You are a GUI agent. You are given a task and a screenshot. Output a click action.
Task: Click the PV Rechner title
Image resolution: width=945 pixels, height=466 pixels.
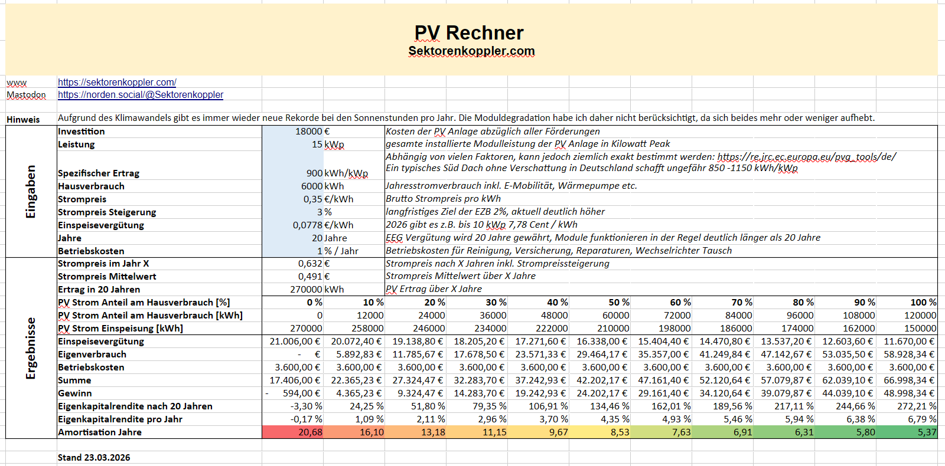[469, 33]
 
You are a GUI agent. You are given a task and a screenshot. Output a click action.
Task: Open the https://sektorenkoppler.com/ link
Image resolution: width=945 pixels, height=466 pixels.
[117, 83]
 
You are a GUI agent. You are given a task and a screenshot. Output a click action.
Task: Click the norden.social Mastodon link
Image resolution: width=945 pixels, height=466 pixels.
[141, 95]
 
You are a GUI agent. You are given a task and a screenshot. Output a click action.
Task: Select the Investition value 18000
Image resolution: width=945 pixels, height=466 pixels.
[309, 132]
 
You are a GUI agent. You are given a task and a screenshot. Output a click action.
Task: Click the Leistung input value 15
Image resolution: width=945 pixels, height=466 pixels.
[317, 145]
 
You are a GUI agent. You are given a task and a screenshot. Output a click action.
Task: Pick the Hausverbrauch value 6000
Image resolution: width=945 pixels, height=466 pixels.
[312, 186]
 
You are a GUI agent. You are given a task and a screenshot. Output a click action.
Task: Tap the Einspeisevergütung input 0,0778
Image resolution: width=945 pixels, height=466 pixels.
[308, 225]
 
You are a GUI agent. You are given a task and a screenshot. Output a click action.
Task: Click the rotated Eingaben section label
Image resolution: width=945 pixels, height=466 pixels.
[31, 191]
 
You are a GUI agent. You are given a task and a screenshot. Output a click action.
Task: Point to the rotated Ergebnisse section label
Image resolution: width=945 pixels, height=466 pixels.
[31, 348]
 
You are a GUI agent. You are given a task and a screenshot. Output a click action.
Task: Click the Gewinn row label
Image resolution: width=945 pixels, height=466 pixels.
[75, 393]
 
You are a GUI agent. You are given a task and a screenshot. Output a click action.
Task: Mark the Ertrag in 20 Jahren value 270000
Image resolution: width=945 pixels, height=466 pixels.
[306, 290]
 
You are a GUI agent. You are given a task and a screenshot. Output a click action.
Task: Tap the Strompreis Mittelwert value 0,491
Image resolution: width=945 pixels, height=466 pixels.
[310, 277]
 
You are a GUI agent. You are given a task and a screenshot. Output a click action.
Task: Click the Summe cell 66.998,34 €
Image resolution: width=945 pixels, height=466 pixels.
[908, 380]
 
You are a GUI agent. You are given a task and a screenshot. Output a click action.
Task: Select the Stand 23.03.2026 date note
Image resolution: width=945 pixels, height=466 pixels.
[94, 458]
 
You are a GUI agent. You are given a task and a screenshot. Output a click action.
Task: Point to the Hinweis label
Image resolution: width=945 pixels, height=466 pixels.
[23, 120]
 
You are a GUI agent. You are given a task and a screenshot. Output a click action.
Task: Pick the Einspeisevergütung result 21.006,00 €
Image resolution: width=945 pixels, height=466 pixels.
[295, 342]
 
